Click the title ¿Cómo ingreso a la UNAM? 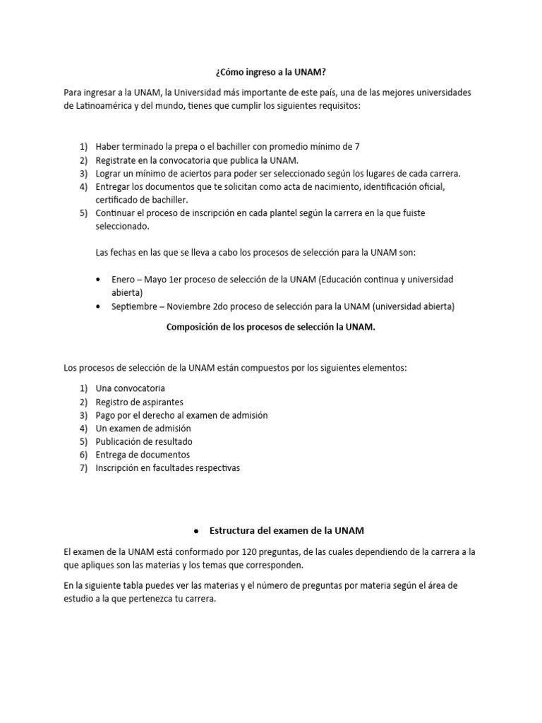pyautogui.click(x=270, y=73)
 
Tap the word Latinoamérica pyautogui.click(x=100, y=106)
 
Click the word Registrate pyautogui.click(x=117, y=160)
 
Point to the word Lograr pyautogui.click(x=109, y=173)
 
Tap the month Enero pyautogui.click(x=124, y=280)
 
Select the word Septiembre pyautogui.click(x=136, y=306)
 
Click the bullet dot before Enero pyautogui.click(x=97, y=280)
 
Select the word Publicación pyautogui.click(x=121, y=441)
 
